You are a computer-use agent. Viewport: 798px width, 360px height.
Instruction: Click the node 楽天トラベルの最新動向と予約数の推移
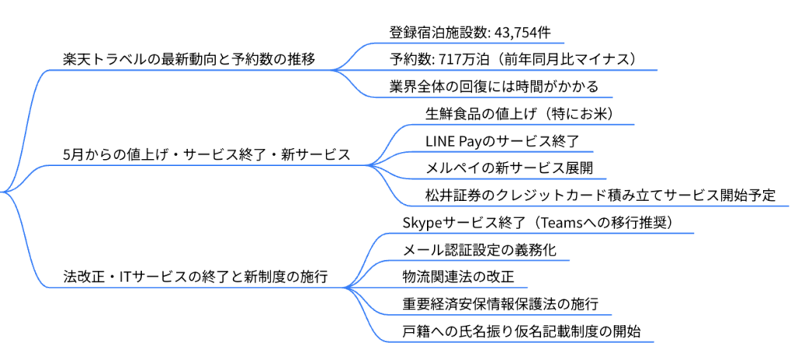pyautogui.click(x=189, y=59)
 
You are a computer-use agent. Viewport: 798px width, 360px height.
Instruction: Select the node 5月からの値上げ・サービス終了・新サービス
pyautogui.click(x=207, y=155)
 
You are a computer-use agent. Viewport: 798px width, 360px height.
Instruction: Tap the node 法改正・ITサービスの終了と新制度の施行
pyautogui.click(x=195, y=277)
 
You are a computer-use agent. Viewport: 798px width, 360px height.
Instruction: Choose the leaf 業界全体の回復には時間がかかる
pyautogui.click(x=493, y=86)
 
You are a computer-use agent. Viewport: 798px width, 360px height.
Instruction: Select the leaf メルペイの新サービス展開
pyautogui.click(x=509, y=168)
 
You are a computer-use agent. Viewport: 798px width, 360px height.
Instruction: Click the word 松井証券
pyautogui.click(x=451, y=195)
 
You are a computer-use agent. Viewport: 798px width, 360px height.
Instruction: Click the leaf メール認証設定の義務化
pyautogui.click(x=479, y=250)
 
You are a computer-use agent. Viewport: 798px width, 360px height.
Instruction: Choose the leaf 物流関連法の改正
pyautogui.click(x=458, y=277)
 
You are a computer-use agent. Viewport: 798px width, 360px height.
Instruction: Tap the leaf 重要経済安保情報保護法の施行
pyautogui.click(x=500, y=304)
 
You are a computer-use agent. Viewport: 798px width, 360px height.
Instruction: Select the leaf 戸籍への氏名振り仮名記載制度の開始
pyautogui.click(x=521, y=331)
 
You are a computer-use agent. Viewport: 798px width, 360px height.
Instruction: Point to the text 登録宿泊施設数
pyautogui.click(x=437, y=33)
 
